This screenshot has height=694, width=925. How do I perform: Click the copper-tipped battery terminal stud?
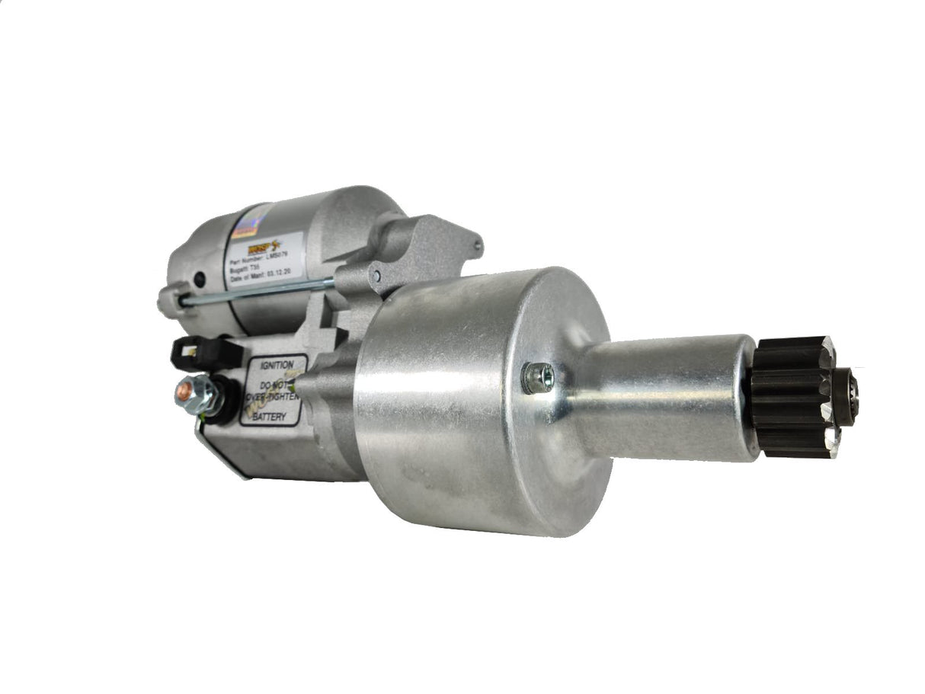point(184,392)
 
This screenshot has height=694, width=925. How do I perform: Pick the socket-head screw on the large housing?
point(538,378)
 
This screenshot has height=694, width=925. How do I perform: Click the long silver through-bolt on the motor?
point(259,291)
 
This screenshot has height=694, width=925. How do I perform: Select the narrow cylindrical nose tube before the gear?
point(663,397)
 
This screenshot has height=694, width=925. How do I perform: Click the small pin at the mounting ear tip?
point(477,246)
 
